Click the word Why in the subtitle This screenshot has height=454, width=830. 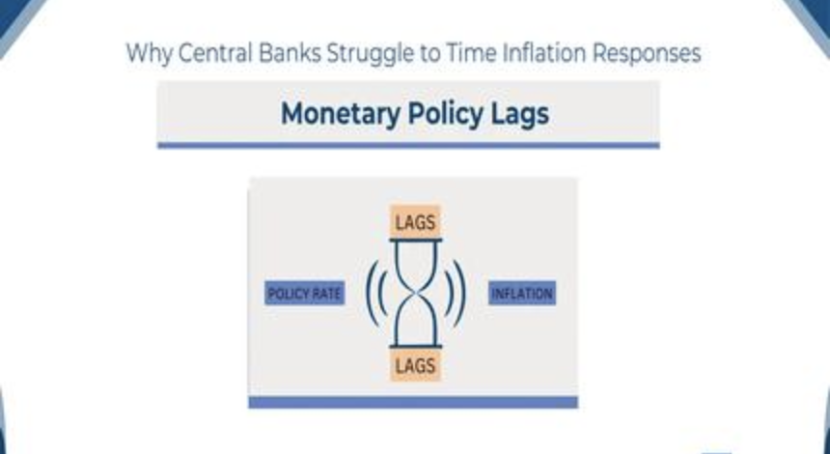click(x=150, y=54)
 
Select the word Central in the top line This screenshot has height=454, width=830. click(x=215, y=53)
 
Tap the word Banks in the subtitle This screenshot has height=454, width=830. click(x=290, y=53)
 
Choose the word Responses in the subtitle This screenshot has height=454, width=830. click(x=647, y=54)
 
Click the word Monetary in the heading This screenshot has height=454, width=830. click(x=340, y=114)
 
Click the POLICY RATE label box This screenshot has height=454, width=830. click(x=304, y=294)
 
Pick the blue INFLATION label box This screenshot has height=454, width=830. click(x=522, y=294)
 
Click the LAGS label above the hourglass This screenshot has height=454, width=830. click(x=416, y=222)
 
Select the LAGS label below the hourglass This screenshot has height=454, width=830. click(x=416, y=365)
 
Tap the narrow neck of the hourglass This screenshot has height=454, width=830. click(x=416, y=293)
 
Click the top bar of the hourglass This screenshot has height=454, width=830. click(x=416, y=240)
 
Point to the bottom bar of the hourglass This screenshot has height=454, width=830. click(x=416, y=347)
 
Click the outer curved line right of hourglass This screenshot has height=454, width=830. click(x=463, y=293)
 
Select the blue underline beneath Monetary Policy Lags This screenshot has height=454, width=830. click(x=408, y=145)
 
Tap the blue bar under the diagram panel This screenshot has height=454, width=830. click(x=413, y=402)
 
